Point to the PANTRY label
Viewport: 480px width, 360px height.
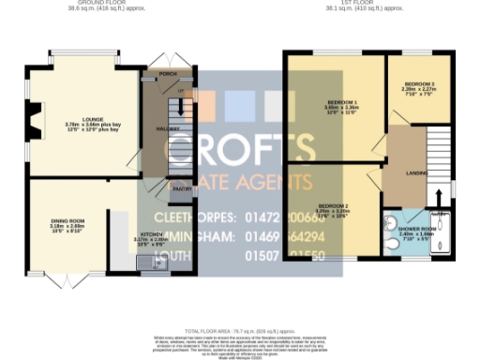[156, 187]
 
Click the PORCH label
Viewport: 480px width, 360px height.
[168, 73]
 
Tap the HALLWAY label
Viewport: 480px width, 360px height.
[153, 130]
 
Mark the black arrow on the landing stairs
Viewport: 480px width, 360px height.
[438, 198]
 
